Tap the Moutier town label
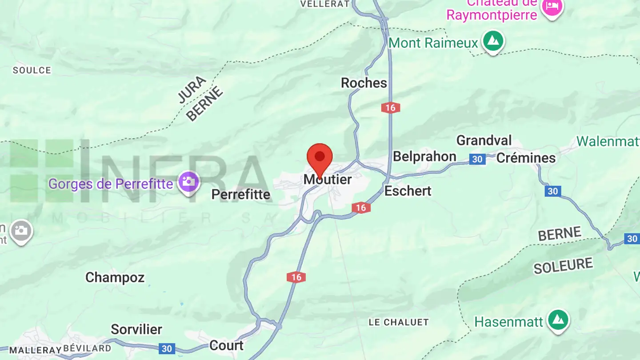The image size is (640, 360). coord(328,180)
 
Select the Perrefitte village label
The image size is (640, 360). coord(240,194)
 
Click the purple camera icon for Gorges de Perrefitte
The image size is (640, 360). coord(188,182)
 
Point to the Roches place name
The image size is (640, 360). coord(364,83)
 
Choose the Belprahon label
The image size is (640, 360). coord(424,156)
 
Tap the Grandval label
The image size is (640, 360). coord(484,140)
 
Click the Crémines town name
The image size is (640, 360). coord(526,158)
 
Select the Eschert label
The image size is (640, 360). coord(408,191)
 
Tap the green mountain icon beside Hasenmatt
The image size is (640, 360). coord(558,320)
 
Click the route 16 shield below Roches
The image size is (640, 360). coord(390,107)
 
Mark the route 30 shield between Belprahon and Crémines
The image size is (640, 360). coord(477,159)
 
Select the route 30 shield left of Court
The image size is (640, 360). coord(167,348)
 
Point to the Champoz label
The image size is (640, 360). coord(115,278)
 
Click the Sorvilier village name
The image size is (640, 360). coord(136,329)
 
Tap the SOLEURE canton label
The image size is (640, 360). coord(563,266)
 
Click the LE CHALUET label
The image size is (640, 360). coord(399,322)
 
